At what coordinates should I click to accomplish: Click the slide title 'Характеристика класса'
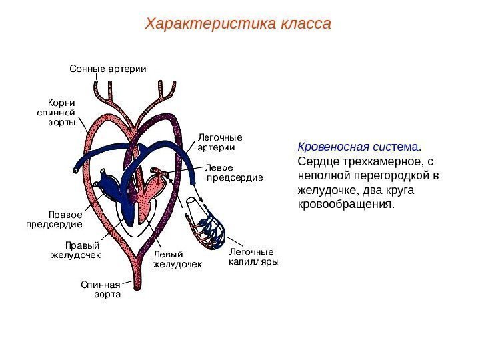[239, 25]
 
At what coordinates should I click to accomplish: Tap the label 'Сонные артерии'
[108, 69]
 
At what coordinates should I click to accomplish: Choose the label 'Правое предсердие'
[54, 219]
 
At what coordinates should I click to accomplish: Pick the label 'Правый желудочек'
[77, 249]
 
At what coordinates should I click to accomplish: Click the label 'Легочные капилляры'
[253, 257]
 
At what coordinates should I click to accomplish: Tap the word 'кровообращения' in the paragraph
[345, 204]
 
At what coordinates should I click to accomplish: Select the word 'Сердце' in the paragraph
[317, 161]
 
